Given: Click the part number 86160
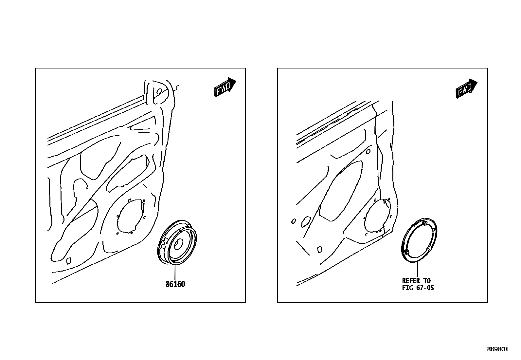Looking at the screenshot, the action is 175,284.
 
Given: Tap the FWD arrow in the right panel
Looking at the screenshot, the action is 466,88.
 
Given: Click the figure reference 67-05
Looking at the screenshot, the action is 425,288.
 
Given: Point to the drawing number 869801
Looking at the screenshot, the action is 498,349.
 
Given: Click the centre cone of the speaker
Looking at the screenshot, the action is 179,244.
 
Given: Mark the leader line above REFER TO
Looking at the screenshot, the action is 418,269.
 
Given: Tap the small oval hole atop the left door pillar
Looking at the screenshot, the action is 159,91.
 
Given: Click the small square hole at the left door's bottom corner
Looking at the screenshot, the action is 69,261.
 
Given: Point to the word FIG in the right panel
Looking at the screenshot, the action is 407,288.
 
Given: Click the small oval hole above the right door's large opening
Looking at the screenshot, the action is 368,152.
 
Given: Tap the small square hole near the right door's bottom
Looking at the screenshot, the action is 320,249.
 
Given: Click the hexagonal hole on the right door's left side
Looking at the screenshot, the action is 306,221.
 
